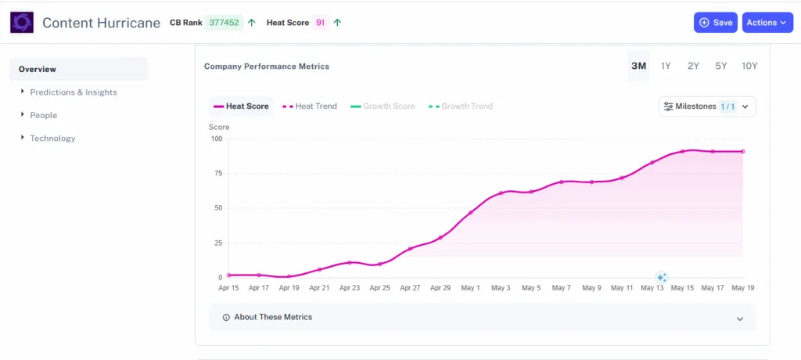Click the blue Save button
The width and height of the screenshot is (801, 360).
(x=715, y=23)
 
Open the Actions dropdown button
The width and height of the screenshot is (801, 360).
(x=767, y=23)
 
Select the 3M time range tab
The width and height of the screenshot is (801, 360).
(x=638, y=66)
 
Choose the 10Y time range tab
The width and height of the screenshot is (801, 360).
(x=749, y=66)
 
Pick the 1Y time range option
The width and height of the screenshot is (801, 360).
(x=666, y=66)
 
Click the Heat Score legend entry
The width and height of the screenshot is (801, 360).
(x=241, y=106)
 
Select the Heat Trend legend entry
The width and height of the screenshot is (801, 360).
(x=310, y=106)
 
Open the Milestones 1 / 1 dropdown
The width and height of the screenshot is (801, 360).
(x=707, y=106)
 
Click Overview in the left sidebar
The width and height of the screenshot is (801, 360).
(x=38, y=69)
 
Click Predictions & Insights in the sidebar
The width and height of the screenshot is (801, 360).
(x=73, y=92)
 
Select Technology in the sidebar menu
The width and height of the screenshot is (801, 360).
(x=52, y=139)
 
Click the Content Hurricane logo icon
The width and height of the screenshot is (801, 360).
(x=22, y=23)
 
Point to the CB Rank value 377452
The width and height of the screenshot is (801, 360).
(x=222, y=23)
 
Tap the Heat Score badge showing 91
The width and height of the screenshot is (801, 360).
(x=320, y=23)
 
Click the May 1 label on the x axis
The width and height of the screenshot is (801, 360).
(x=470, y=288)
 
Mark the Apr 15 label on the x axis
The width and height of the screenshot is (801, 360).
(x=228, y=288)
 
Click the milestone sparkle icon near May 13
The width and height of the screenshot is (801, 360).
(x=661, y=277)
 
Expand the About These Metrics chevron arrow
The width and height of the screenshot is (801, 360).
(x=740, y=319)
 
